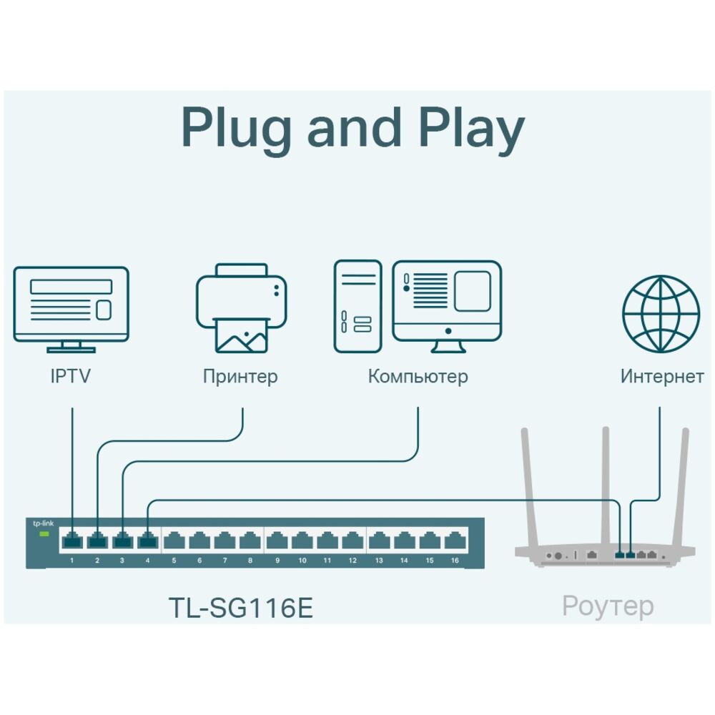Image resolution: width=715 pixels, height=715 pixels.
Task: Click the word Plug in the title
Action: (236, 129)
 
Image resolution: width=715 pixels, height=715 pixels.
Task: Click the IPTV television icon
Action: (71, 307)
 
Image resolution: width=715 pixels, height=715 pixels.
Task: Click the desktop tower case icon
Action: (358, 306)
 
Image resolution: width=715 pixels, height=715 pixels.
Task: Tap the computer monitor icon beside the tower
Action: (447, 304)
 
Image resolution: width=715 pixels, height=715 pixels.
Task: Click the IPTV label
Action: (71, 376)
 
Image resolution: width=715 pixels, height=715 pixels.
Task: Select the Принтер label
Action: (240, 377)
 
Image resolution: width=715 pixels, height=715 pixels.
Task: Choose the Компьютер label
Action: (418, 376)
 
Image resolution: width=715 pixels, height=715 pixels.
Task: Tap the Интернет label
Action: (662, 377)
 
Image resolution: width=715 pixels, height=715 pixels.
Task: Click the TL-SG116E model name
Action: (241, 608)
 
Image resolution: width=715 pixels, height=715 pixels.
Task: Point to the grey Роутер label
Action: (608, 606)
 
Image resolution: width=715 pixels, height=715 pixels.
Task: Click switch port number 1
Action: (72, 541)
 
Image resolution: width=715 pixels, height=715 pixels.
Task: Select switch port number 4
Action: (147, 541)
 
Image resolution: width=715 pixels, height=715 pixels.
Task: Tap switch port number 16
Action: (454, 541)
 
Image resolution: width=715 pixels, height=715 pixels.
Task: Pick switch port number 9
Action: (277, 541)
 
